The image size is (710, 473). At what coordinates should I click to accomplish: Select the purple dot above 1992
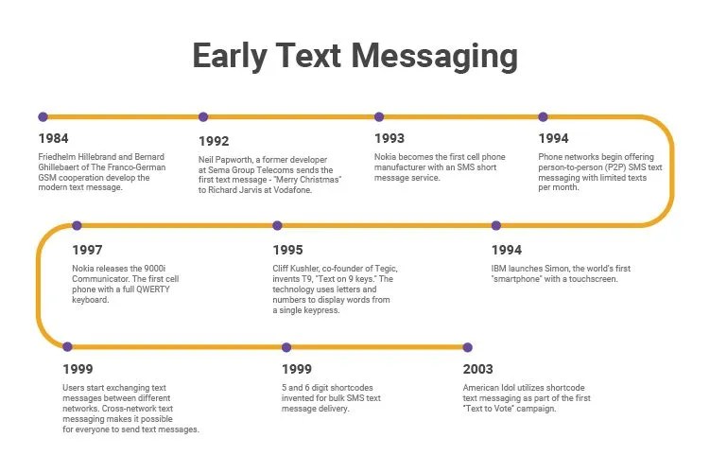(203, 117)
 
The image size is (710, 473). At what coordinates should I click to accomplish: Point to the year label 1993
(390, 139)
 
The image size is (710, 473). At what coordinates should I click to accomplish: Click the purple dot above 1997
(77, 226)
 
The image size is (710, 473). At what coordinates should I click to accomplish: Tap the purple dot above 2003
(466, 347)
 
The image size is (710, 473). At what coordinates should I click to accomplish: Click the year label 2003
(478, 370)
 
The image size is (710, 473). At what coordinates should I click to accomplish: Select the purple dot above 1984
(43, 117)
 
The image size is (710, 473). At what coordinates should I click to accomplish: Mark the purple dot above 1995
(277, 226)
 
